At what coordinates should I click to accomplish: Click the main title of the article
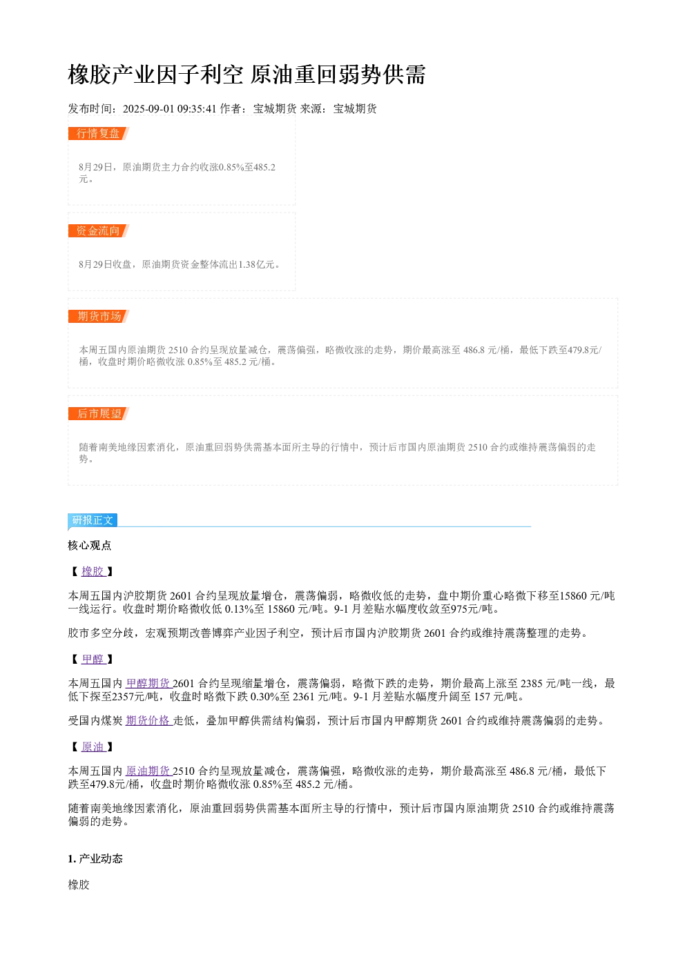247,75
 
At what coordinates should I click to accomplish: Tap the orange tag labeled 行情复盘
99,134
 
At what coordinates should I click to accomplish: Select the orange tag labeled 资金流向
99,230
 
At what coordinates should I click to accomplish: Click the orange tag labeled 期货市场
99,316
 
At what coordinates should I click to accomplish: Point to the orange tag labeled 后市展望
99,413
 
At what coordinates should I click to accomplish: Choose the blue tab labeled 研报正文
93,520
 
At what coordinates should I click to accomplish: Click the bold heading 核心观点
90,545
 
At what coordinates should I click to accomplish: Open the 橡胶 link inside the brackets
93,571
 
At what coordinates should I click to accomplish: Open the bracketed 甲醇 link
93,659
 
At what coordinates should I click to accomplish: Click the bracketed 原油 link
93,747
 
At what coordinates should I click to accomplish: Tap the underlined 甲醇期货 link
148,683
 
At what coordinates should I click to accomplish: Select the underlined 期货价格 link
148,720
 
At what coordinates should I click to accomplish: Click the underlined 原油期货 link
148,771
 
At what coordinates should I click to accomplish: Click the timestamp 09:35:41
197,109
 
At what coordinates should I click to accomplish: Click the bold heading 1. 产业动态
95,859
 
